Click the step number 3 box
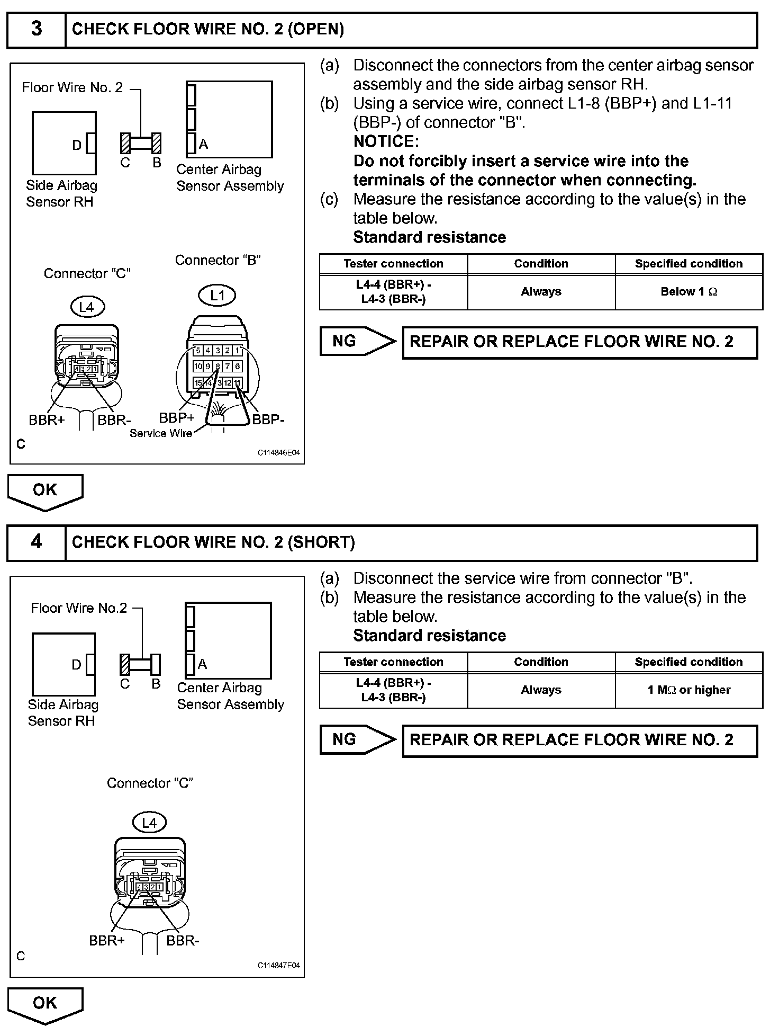coord(36,29)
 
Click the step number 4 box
coord(36,542)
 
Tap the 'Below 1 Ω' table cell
coord(689,292)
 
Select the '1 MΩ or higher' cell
coord(689,690)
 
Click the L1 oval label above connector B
coord(218,296)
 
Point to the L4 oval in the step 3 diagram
coord(86,307)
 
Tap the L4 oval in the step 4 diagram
coord(149,823)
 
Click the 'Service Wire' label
coord(161,433)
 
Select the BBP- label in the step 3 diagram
coord(268,420)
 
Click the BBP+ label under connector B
coord(177,418)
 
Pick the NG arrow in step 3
coord(358,342)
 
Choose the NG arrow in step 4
coord(358,740)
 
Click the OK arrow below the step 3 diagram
coord(45,490)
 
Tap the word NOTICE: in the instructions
coord(386,141)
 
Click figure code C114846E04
coord(279,453)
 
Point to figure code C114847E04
coord(279,966)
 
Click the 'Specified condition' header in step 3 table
coord(689,264)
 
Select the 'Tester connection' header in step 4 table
coord(393,662)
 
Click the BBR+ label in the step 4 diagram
coord(107,941)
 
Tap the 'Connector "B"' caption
coord(218,261)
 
